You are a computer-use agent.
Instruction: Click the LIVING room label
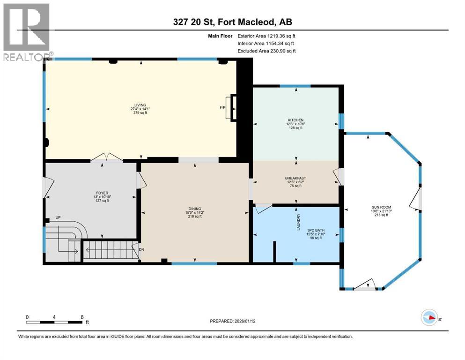click(x=140, y=105)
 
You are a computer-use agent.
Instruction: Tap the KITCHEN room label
click(x=296, y=120)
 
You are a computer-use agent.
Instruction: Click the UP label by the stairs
click(x=58, y=218)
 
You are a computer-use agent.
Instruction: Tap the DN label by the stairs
click(x=141, y=249)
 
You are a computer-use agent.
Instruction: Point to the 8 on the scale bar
click(x=82, y=317)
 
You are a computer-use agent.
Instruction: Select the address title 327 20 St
click(x=232, y=22)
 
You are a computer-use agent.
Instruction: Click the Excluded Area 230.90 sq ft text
click(x=266, y=51)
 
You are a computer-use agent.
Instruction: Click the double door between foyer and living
click(x=107, y=158)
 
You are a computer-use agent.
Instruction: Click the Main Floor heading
click(x=221, y=35)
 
